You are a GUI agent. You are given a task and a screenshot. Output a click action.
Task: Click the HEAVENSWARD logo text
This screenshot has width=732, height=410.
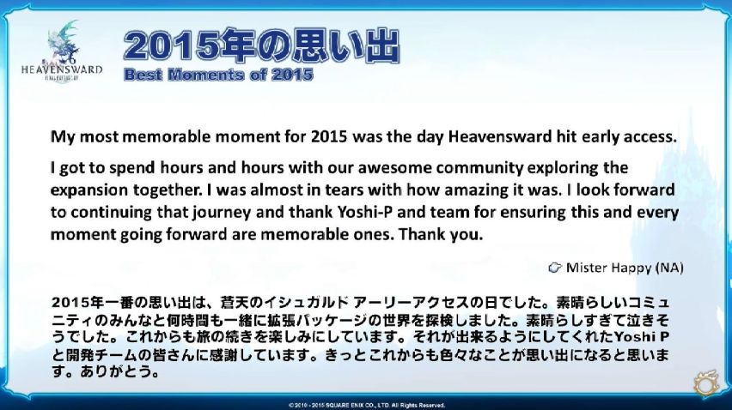tap(62, 69)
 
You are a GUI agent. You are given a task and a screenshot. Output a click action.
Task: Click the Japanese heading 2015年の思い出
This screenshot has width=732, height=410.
tap(261, 45)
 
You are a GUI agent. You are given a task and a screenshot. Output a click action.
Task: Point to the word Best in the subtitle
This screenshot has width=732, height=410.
tap(143, 75)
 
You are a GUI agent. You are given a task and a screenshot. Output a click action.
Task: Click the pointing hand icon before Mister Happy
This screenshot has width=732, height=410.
tap(555, 268)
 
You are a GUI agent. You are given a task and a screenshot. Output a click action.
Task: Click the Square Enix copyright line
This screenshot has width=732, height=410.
tap(367, 406)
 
